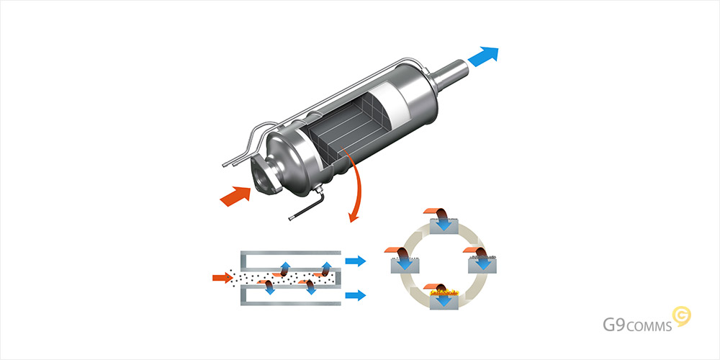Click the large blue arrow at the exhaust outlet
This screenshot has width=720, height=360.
[483, 56]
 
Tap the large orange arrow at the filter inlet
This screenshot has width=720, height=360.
[235, 196]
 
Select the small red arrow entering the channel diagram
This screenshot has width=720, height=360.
[222, 277]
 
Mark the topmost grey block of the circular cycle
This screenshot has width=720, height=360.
[444, 226]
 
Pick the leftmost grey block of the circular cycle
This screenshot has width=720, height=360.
[405, 265]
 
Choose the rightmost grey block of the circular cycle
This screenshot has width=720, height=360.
[482, 265]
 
